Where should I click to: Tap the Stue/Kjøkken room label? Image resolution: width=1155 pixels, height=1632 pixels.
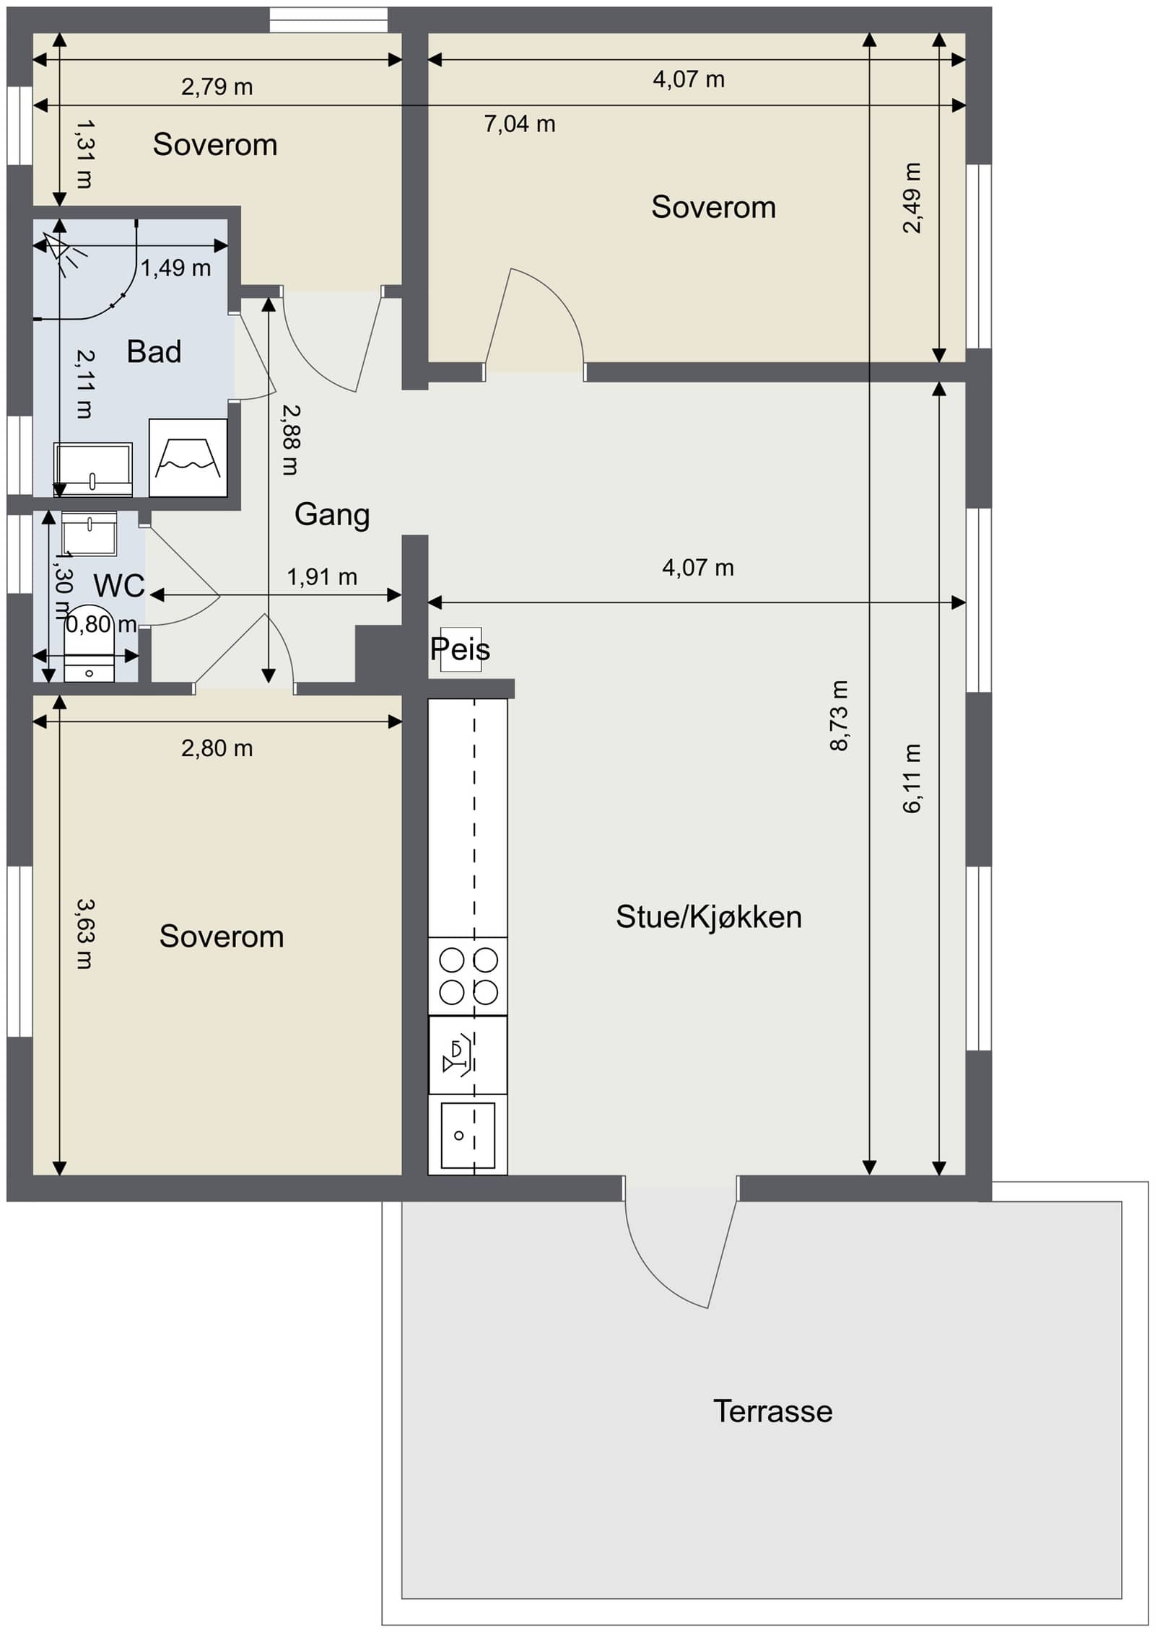709,918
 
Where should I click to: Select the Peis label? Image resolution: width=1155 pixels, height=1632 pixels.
460,649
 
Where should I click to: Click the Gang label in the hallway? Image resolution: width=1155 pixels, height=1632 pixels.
332,515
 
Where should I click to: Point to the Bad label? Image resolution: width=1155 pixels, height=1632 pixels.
154,352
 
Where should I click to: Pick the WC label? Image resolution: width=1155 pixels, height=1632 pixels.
119,586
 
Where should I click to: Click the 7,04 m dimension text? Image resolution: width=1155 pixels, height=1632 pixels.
520,124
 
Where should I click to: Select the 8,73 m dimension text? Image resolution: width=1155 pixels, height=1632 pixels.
839,716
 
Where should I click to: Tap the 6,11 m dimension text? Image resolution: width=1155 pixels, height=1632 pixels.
912,778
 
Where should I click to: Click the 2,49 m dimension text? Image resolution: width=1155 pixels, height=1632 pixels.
912,198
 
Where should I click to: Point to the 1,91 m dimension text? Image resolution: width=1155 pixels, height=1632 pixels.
322,577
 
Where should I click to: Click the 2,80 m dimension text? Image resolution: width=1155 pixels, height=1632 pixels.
217,749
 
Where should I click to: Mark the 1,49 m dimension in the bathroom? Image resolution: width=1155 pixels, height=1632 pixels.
175,268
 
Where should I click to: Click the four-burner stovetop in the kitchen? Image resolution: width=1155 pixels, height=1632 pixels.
468,976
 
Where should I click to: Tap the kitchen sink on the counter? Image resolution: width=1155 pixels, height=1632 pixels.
468,1135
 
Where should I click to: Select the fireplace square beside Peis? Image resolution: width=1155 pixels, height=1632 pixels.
461,649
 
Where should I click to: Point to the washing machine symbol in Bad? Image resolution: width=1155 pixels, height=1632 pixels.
188,457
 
